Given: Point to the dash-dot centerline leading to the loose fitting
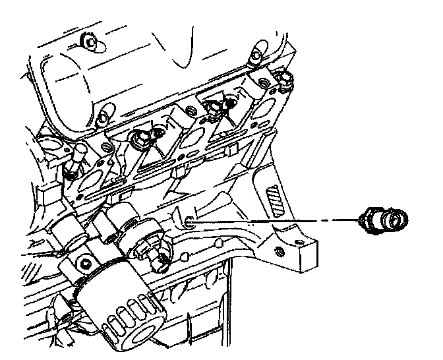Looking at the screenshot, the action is click(x=277, y=222).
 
